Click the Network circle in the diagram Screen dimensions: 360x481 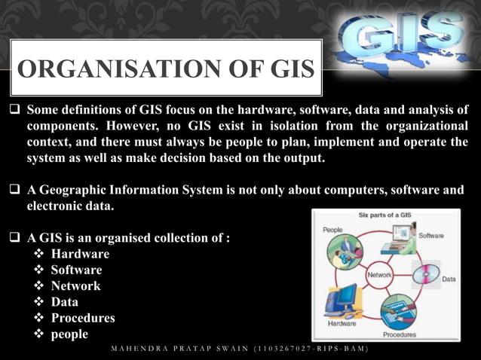(x=379, y=275)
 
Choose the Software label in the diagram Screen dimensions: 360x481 (x=431, y=235)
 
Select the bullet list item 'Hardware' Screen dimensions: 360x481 (x=80, y=254)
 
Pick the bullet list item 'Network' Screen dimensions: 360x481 (x=75, y=285)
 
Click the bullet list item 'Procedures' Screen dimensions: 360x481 (x=83, y=317)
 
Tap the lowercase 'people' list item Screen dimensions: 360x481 (x=69, y=334)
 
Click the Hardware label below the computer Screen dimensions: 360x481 (x=341, y=323)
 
